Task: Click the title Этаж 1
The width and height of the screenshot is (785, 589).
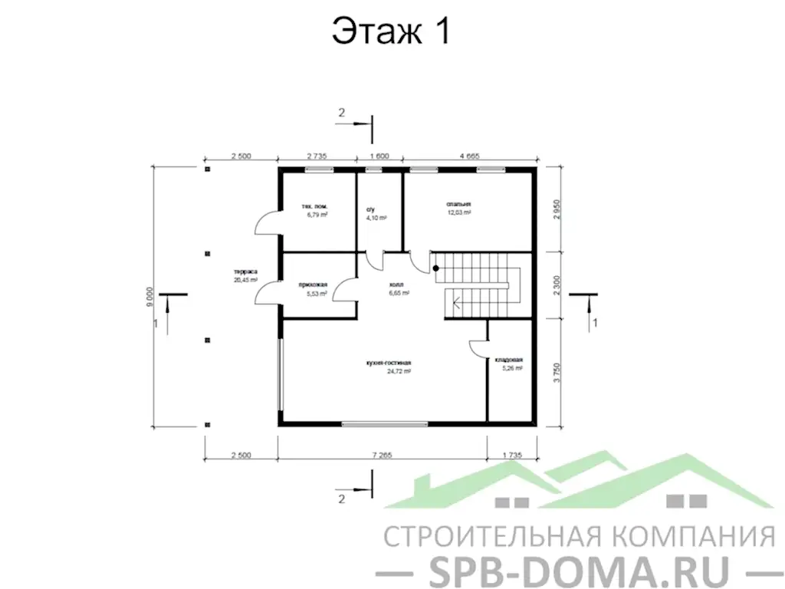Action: tap(390, 31)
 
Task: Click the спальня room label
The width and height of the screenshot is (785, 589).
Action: tap(459, 204)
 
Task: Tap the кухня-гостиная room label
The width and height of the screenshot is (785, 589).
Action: tap(390, 362)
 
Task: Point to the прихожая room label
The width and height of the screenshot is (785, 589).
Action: tap(314, 285)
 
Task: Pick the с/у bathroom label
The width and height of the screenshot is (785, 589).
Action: tap(372, 208)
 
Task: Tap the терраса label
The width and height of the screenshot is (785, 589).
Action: tap(245, 272)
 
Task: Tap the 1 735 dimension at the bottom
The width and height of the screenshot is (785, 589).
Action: tap(511, 455)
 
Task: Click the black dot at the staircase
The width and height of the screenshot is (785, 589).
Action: tap(435, 268)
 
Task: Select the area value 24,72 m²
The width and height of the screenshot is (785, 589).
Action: tap(399, 371)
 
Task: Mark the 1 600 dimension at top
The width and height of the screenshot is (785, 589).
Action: tap(379, 156)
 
